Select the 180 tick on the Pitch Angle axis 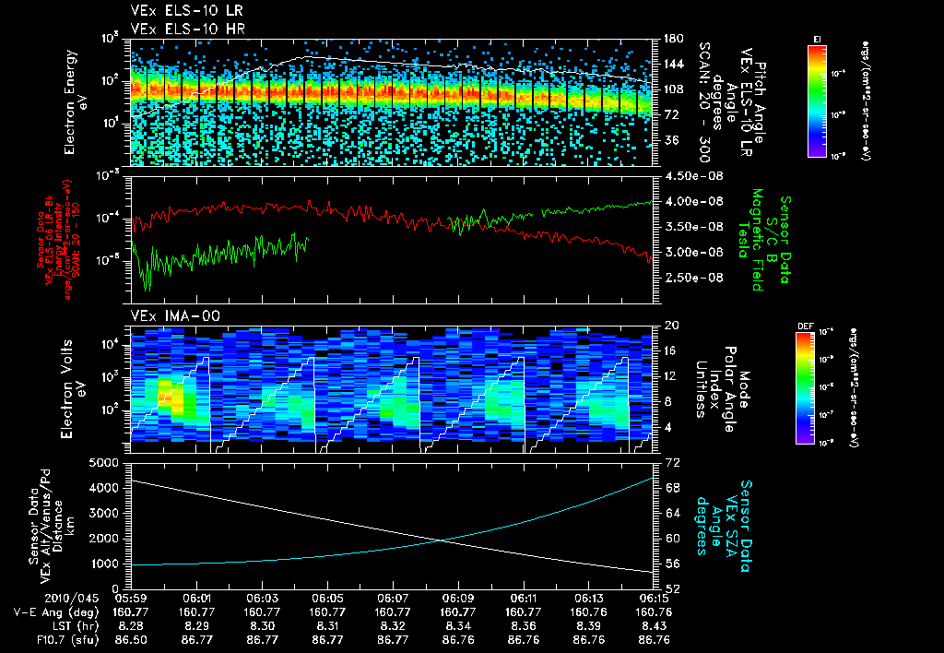tap(671, 39)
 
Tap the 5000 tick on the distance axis tap(108, 462)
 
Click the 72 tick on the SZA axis tap(667, 461)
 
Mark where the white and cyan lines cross tap(445, 540)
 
